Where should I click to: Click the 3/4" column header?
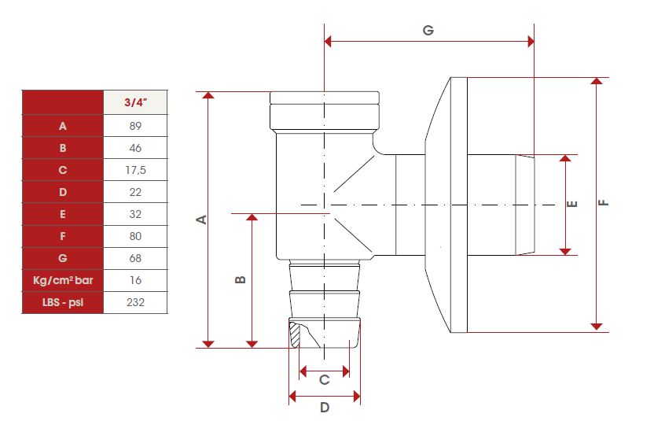tap(135, 102)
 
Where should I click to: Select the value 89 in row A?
tap(135, 126)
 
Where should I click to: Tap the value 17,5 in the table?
tap(135, 170)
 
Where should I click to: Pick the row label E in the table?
tap(63, 214)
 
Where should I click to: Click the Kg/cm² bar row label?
tap(63, 280)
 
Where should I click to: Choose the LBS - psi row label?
tap(63, 302)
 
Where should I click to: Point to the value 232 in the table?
tap(135, 302)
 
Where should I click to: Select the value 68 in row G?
tap(135, 258)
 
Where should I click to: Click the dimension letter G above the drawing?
tap(428, 30)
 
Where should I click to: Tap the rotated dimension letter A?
tap(202, 220)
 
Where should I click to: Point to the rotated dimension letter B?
tap(241, 279)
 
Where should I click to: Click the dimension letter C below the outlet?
tap(324, 379)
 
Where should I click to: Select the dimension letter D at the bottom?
tap(325, 407)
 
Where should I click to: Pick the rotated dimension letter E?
tap(573, 204)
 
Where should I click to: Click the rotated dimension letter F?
tap(604, 203)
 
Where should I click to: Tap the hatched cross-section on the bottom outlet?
tap(296, 335)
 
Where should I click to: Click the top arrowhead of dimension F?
tap(597, 81)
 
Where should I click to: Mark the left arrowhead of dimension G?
tap(328, 42)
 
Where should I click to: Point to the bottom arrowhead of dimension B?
tap(252, 344)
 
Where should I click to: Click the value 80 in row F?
tap(135, 236)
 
